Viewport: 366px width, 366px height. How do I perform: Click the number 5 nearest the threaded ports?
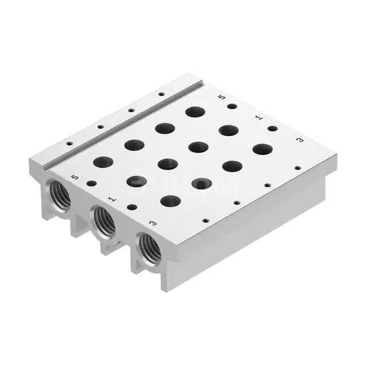coord(75,177)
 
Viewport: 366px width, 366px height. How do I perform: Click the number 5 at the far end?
coord(222,98)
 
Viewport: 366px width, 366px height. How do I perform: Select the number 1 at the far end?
coord(258,117)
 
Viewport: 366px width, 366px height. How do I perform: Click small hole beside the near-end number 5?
coord(91,184)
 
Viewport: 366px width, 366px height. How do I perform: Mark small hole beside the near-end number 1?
coord(132,207)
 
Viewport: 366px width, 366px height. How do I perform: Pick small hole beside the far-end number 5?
coord(232,106)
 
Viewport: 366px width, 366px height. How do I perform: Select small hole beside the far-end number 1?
coord(272,128)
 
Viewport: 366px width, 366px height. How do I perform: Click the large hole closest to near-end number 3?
coord(170,201)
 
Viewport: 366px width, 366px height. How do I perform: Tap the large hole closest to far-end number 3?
coord(262,149)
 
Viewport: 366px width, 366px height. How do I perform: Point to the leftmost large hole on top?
coord(104,162)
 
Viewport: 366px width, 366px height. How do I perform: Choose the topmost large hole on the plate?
coord(195,112)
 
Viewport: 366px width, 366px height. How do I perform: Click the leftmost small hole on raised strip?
coord(69,144)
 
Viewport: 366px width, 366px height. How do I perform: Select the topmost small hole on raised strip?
coord(161,94)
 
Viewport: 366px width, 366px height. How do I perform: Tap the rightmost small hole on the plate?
coord(297,168)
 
